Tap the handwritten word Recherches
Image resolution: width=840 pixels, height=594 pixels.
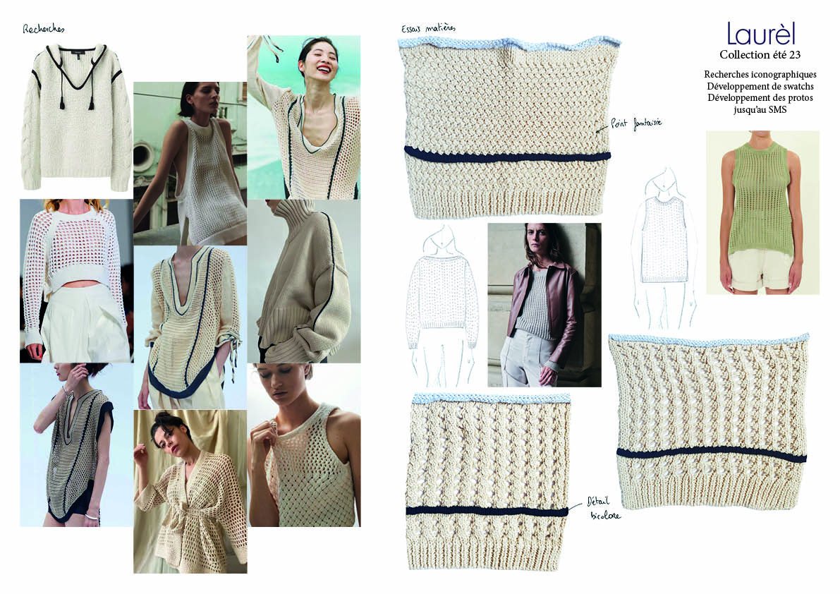[44, 28]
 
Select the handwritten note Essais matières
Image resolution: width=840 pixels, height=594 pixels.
[428, 28]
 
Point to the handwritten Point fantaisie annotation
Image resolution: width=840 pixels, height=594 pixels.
[636, 124]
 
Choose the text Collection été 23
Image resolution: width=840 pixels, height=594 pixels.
[760, 54]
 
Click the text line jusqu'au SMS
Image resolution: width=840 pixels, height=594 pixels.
[760, 110]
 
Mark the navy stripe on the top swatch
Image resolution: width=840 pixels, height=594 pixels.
[507, 155]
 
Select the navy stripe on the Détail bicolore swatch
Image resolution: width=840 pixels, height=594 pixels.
[487, 511]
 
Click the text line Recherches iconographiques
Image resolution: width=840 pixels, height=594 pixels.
[760, 75]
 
